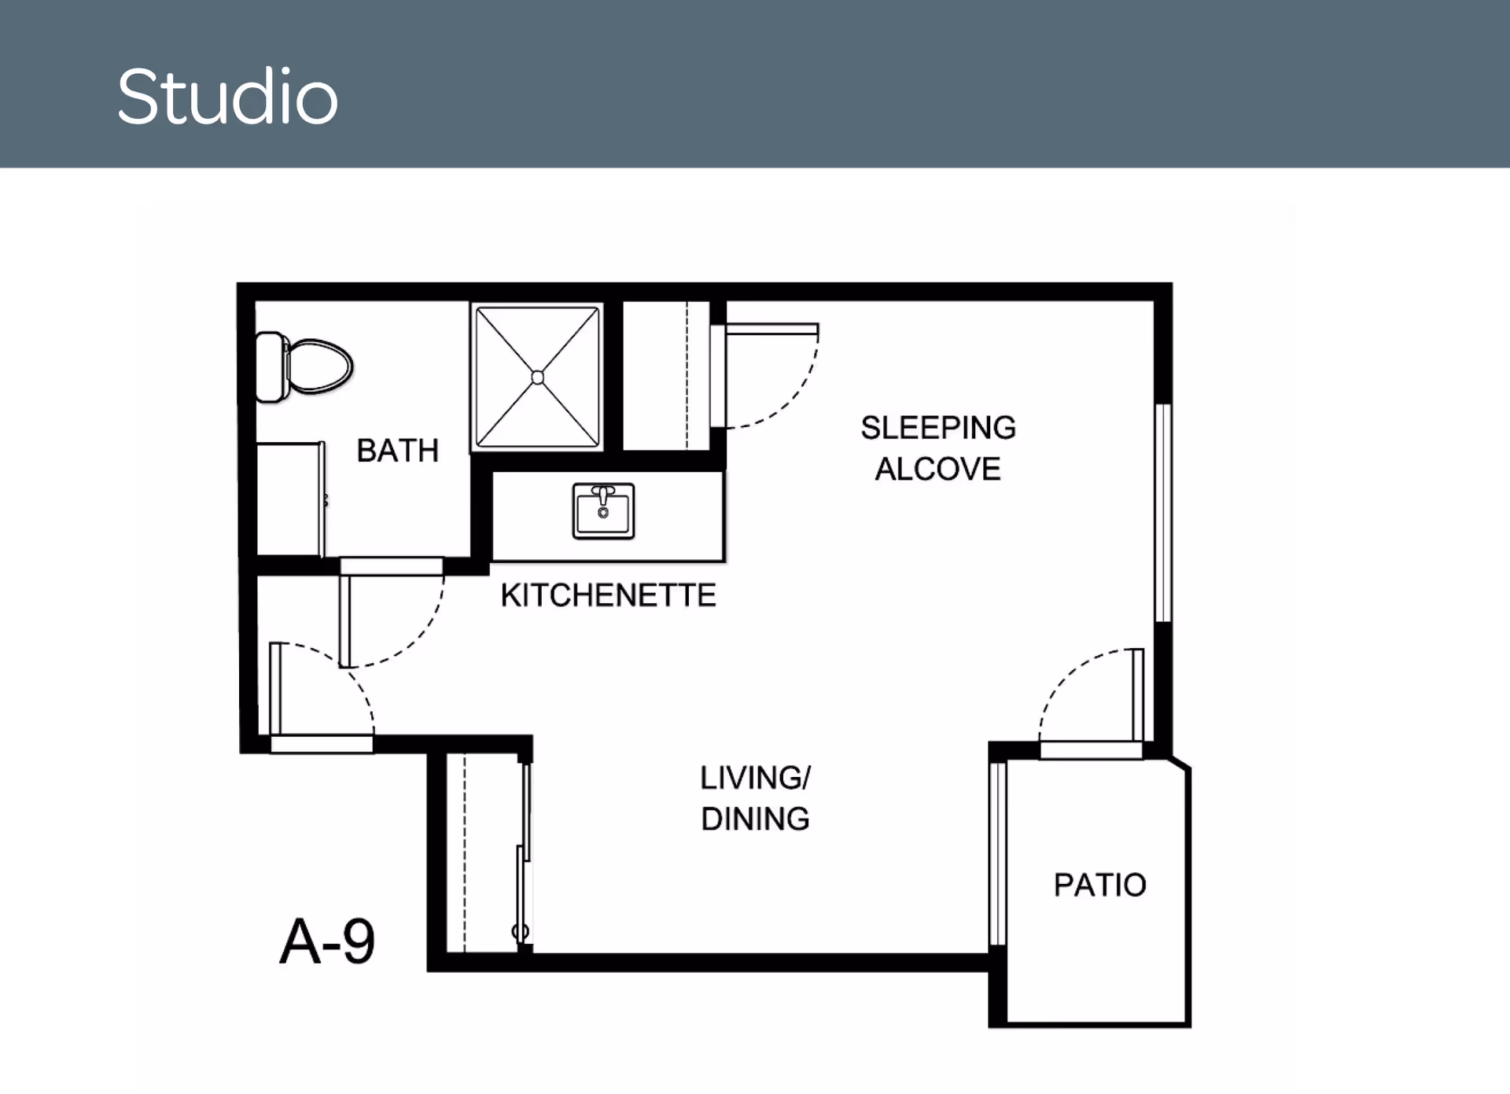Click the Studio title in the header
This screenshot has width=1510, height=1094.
227,98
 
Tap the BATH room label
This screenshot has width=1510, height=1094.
397,451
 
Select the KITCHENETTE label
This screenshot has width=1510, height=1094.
608,595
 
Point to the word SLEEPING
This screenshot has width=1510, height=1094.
937,429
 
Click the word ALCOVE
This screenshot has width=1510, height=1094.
937,470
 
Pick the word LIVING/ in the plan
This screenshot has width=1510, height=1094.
755,778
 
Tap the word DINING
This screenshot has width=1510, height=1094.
755,820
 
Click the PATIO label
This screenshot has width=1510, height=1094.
1099,886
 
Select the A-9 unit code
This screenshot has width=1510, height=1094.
327,942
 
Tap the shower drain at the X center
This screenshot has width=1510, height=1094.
537,378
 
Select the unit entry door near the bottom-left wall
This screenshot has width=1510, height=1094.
274,688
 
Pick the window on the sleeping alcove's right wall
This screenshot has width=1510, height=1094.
1162,513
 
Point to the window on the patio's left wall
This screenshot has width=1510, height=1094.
997,853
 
